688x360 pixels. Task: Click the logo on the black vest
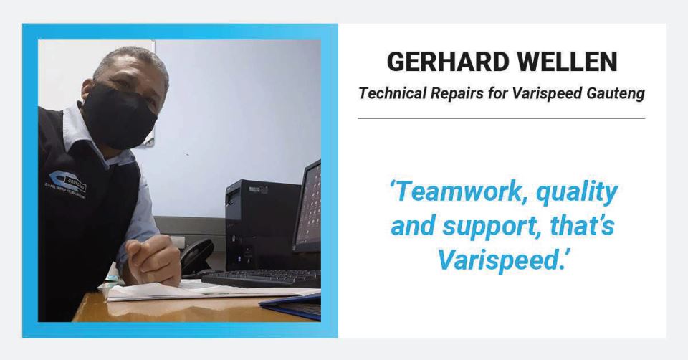pos(67,184)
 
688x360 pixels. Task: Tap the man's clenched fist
pos(153,260)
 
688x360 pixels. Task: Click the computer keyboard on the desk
pos(262,278)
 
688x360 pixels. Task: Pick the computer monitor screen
pos(308,207)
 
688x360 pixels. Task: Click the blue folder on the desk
pos(292,305)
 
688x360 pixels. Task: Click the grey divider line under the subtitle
pos(502,118)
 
